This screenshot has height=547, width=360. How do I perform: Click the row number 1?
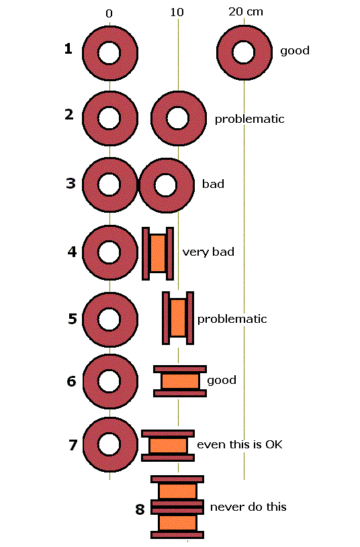pos(69,48)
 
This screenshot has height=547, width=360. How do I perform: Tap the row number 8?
pos(140,509)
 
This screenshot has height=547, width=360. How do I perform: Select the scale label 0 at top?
pos(109,13)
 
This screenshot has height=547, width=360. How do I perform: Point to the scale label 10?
pos(177,13)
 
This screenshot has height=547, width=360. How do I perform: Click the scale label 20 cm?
pos(246,12)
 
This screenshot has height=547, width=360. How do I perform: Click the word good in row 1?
pos(295,51)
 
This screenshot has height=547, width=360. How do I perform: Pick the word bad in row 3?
pos(213,184)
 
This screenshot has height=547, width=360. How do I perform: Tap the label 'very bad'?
pos(208,252)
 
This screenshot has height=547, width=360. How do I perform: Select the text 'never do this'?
pos(249,507)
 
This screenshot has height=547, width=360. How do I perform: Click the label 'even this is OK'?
pos(240,444)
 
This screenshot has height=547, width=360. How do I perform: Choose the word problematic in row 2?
pos(249,119)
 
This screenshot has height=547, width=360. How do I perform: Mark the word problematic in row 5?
pos(232,319)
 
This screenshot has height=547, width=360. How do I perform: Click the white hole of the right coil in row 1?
pos(243,52)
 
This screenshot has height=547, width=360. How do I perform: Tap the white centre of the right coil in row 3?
pos(165,185)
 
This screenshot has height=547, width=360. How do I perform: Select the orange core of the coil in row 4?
pos(158,253)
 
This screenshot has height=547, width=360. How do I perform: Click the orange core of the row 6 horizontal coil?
pos(180,381)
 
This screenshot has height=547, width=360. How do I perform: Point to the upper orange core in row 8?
pos(177,491)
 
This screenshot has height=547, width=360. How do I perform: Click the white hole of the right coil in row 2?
pos(178,119)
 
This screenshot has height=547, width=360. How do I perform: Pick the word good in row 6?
pos(222,381)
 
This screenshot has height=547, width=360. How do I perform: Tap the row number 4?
pos(72,252)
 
